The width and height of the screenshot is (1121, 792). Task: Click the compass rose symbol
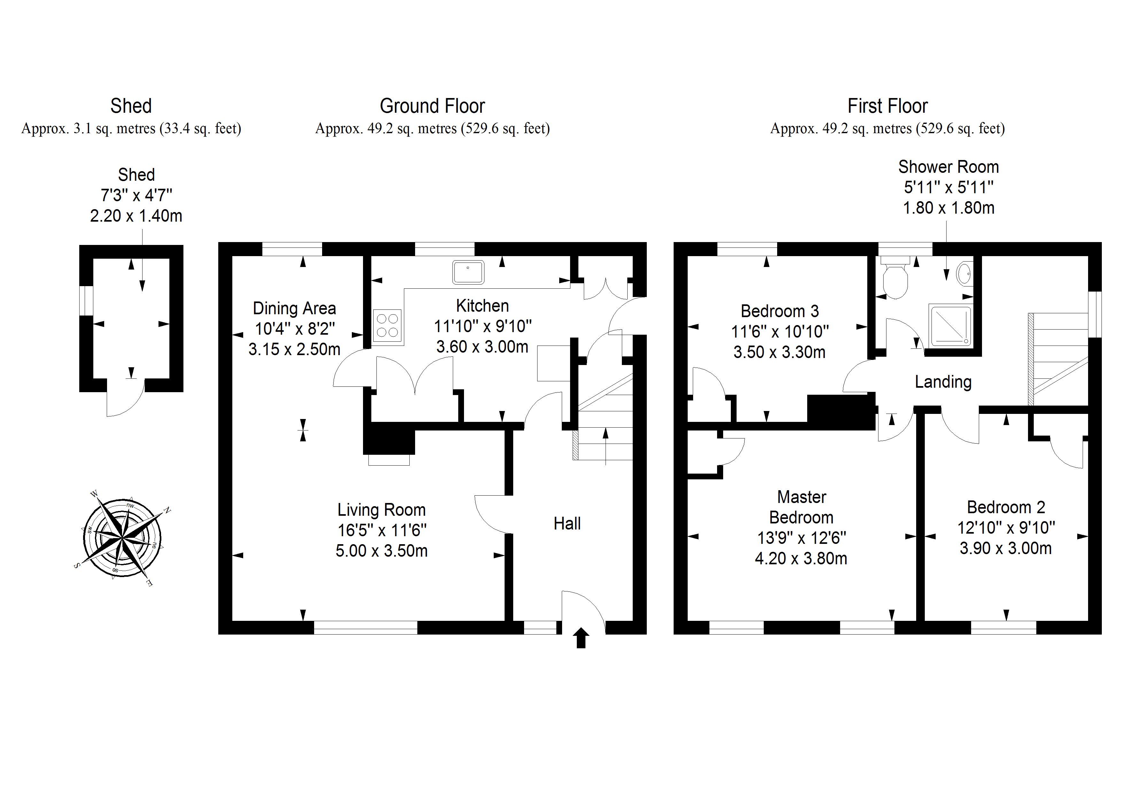pyautogui.click(x=122, y=538)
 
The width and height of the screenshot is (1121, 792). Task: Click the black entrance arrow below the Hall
pyautogui.click(x=581, y=638)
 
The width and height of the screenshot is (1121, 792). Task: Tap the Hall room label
pyautogui.click(x=567, y=524)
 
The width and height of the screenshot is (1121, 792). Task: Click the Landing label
pyautogui.click(x=943, y=382)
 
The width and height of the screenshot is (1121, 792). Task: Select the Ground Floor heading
pyautogui.click(x=432, y=106)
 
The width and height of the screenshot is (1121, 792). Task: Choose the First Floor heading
pyautogui.click(x=887, y=106)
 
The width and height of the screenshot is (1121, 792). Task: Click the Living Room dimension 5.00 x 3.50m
pyautogui.click(x=381, y=551)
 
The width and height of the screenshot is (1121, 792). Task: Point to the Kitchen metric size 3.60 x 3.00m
pyautogui.click(x=482, y=347)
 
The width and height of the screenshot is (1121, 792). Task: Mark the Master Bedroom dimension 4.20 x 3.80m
pyautogui.click(x=801, y=558)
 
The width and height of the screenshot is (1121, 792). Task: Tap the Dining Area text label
pyautogui.click(x=294, y=308)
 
